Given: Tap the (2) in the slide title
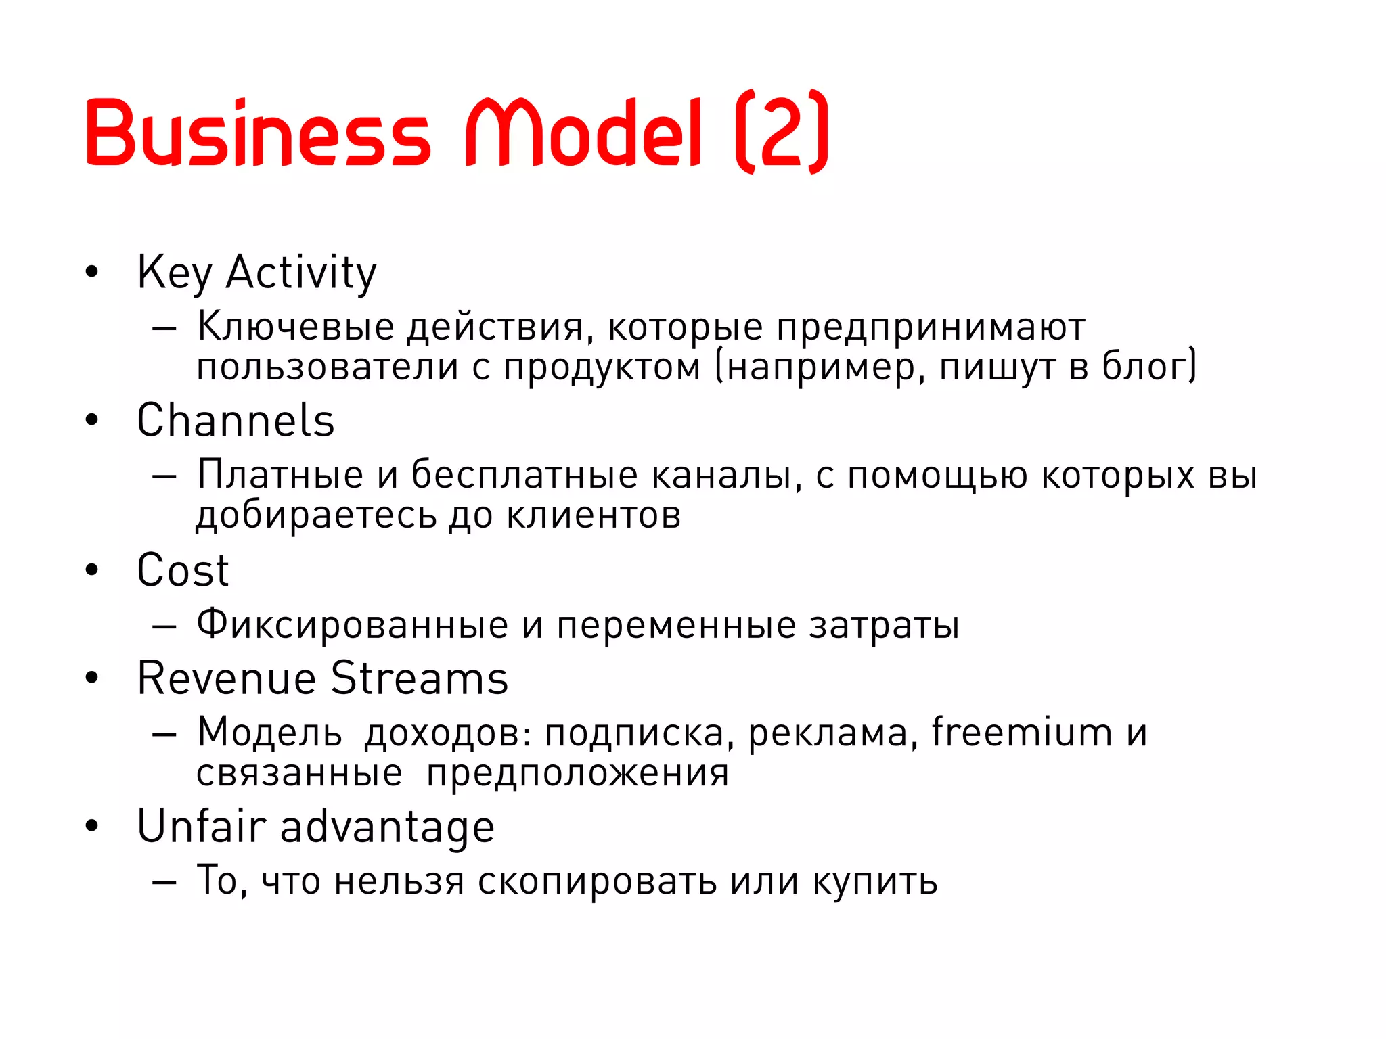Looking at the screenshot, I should tap(782, 132).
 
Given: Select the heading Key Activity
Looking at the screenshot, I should tap(256, 273).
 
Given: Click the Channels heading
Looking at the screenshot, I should tap(236, 421).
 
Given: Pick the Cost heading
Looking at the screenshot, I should tap(183, 570).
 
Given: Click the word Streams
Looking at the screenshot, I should tap(420, 678).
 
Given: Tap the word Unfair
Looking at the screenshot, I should tap(202, 827).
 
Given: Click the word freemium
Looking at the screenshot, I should tap(1022, 733).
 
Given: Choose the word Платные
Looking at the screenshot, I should tap(280, 475).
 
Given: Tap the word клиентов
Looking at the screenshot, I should tap(594, 515).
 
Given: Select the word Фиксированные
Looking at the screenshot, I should tap(352, 624).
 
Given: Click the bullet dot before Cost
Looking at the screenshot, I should tap(92, 570).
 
